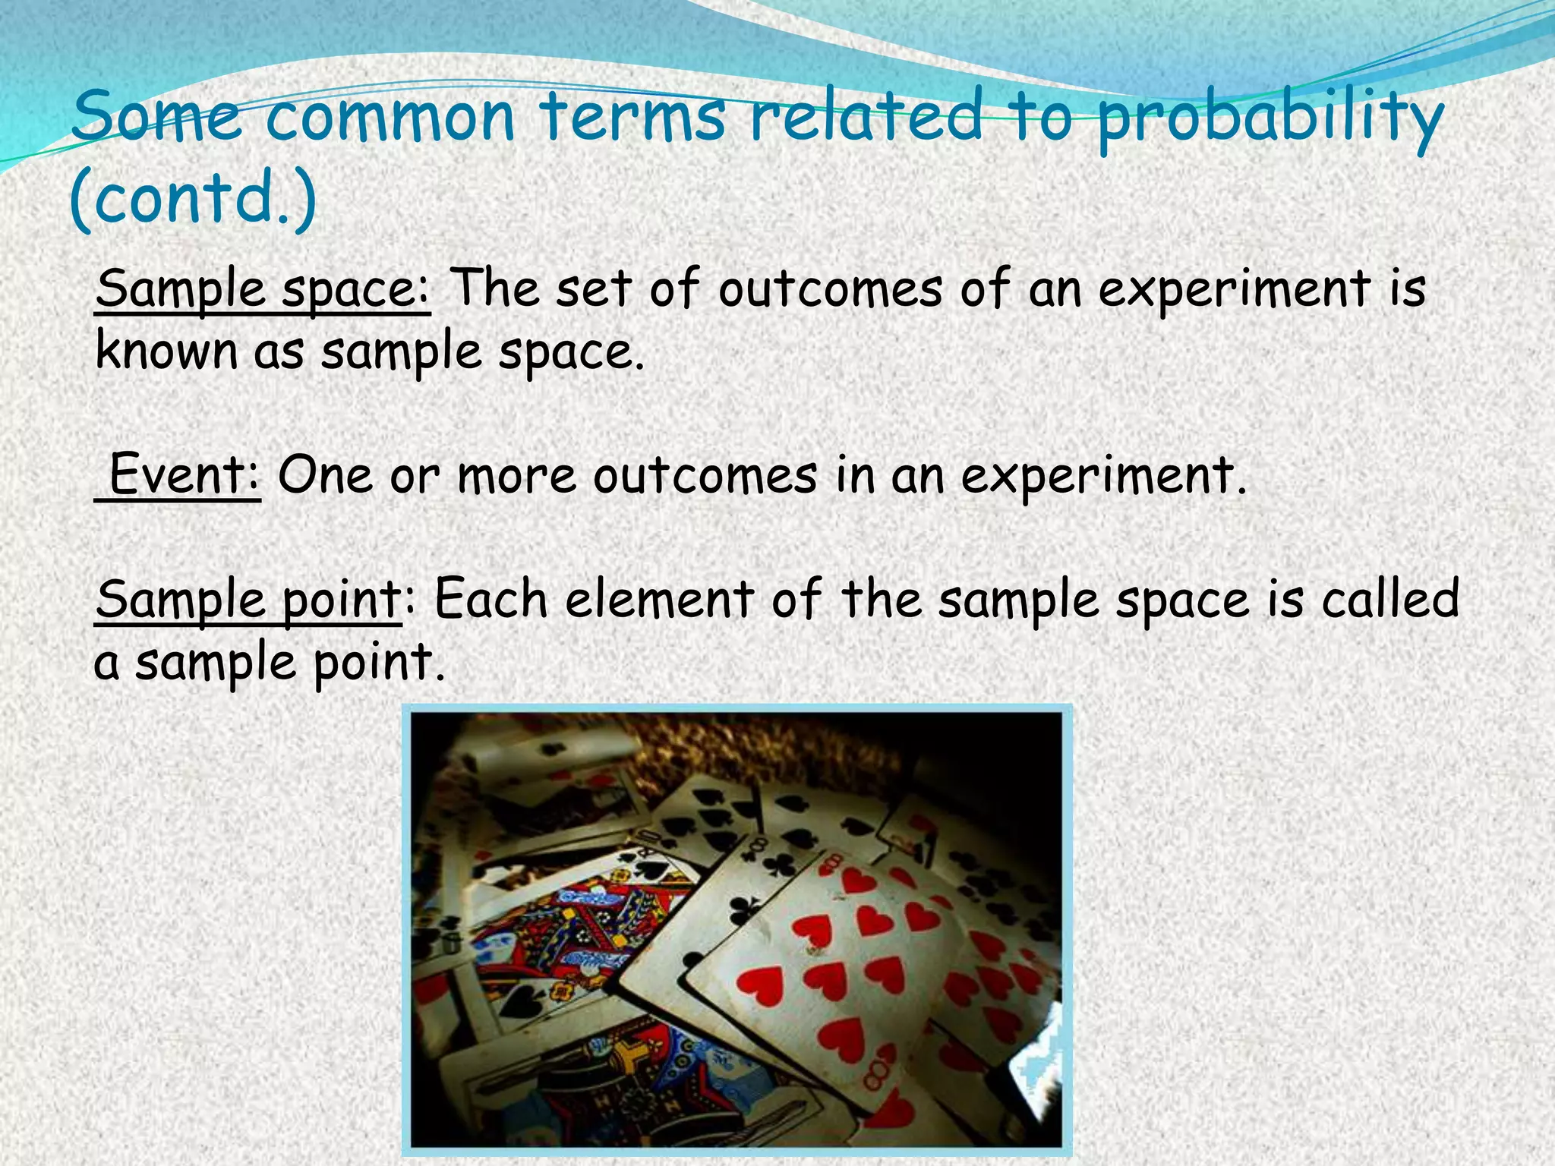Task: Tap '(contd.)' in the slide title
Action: tap(192, 198)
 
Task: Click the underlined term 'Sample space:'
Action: tap(263, 289)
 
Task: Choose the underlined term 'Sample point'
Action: tap(248, 599)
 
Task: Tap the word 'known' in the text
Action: tap(166, 351)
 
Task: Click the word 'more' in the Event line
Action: tap(516, 476)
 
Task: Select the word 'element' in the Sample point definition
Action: tap(659, 599)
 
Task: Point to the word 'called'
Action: tap(1390, 599)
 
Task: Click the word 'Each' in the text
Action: tap(490, 599)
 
